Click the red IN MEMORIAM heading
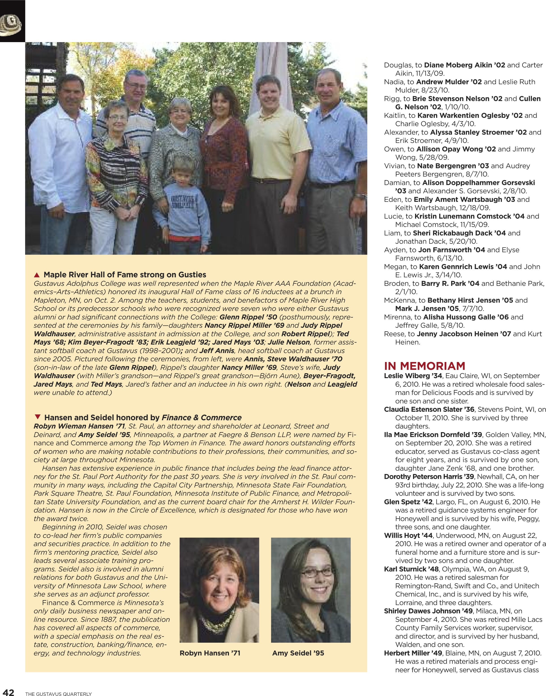click(424, 366)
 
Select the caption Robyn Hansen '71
click(210, 653)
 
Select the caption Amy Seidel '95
click(298, 653)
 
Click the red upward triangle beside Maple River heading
click(37, 275)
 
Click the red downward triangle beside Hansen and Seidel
click(38, 417)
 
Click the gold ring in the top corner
click(10, 26)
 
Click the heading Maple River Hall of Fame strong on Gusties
click(125, 275)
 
